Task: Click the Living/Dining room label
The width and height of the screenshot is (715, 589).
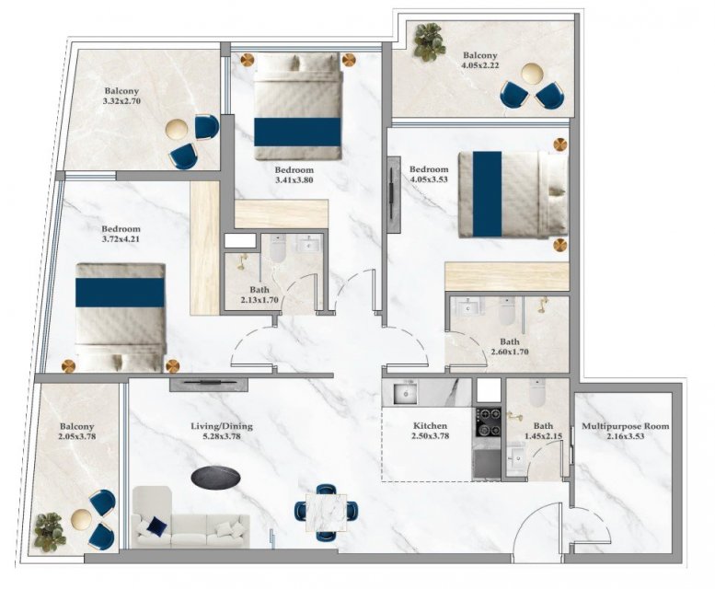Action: click(x=221, y=427)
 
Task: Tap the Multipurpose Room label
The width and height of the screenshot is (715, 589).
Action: click(x=626, y=427)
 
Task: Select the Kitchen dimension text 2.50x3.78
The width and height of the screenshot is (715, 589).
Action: click(x=430, y=436)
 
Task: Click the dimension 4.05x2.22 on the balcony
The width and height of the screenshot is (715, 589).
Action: click(x=480, y=65)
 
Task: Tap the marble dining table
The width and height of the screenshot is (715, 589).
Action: click(x=326, y=513)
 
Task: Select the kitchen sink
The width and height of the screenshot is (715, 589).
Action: click(x=406, y=393)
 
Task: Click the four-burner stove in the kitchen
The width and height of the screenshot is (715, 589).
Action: click(x=489, y=422)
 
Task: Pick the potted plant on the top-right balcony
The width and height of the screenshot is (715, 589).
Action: click(x=429, y=41)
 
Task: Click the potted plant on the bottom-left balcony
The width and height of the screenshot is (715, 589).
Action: click(x=49, y=533)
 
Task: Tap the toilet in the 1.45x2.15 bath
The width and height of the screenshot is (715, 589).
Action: click(x=537, y=393)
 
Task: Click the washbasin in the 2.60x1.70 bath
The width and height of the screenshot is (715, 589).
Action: click(x=467, y=306)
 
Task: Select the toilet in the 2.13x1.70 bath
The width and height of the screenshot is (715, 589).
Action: click(x=278, y=248)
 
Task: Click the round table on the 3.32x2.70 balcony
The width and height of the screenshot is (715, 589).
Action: click(x=177, y=130)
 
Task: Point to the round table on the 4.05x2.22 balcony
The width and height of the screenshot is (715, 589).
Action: click(x=533, y=74)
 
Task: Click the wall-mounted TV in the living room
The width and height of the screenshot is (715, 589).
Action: click(x=209, y=385)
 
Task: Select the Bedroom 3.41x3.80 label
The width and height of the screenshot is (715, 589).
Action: click(x=294, y=175)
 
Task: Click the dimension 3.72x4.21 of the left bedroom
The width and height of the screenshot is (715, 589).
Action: click(x=121, y=238)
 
